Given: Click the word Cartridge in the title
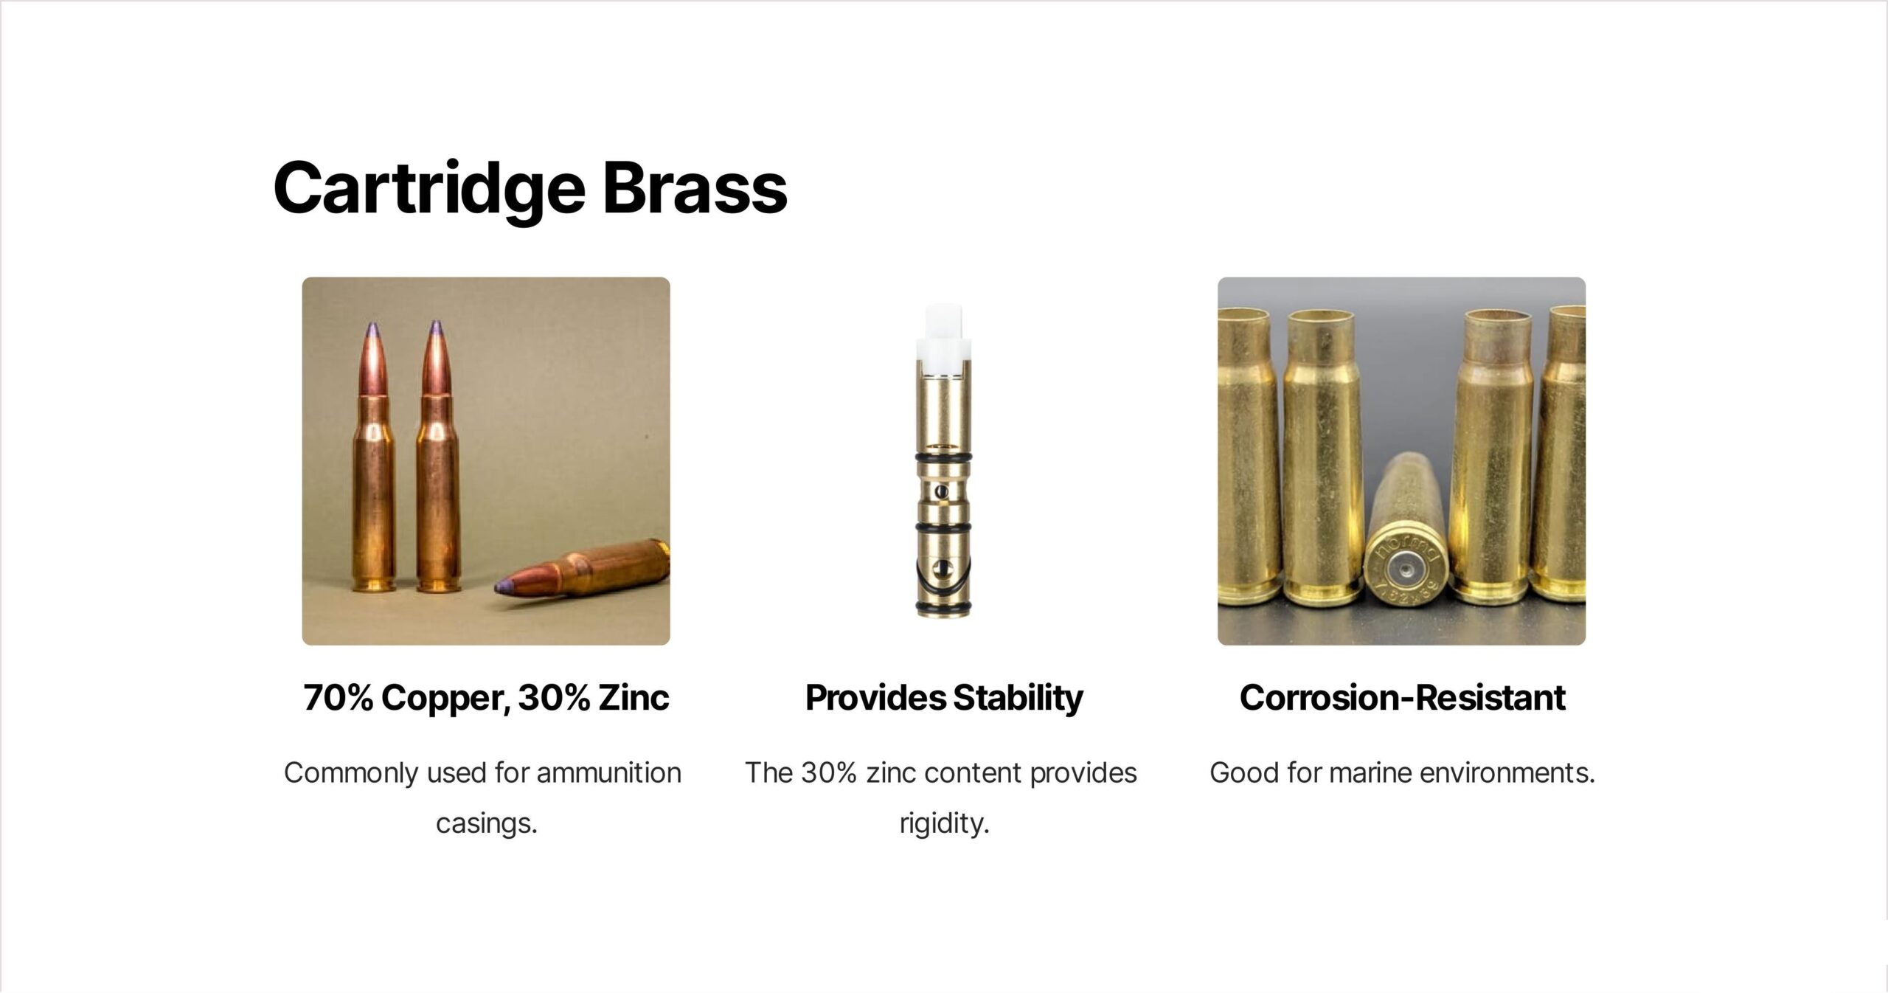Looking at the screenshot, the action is coord(429,189).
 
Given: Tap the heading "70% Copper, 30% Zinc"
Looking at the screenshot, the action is coord(486,698).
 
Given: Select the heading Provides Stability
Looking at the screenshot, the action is coord(944,698).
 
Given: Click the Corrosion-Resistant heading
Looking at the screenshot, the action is coord(1402,698).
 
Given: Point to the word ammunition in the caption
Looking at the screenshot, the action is coord(608,772).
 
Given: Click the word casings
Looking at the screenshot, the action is coord(487,823).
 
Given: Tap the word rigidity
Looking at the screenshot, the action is coord(944,823).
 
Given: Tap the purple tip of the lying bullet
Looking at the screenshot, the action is coord(506,587).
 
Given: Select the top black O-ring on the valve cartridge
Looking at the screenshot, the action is coord(943,460).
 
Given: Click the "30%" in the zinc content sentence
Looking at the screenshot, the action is coord(829,772).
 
